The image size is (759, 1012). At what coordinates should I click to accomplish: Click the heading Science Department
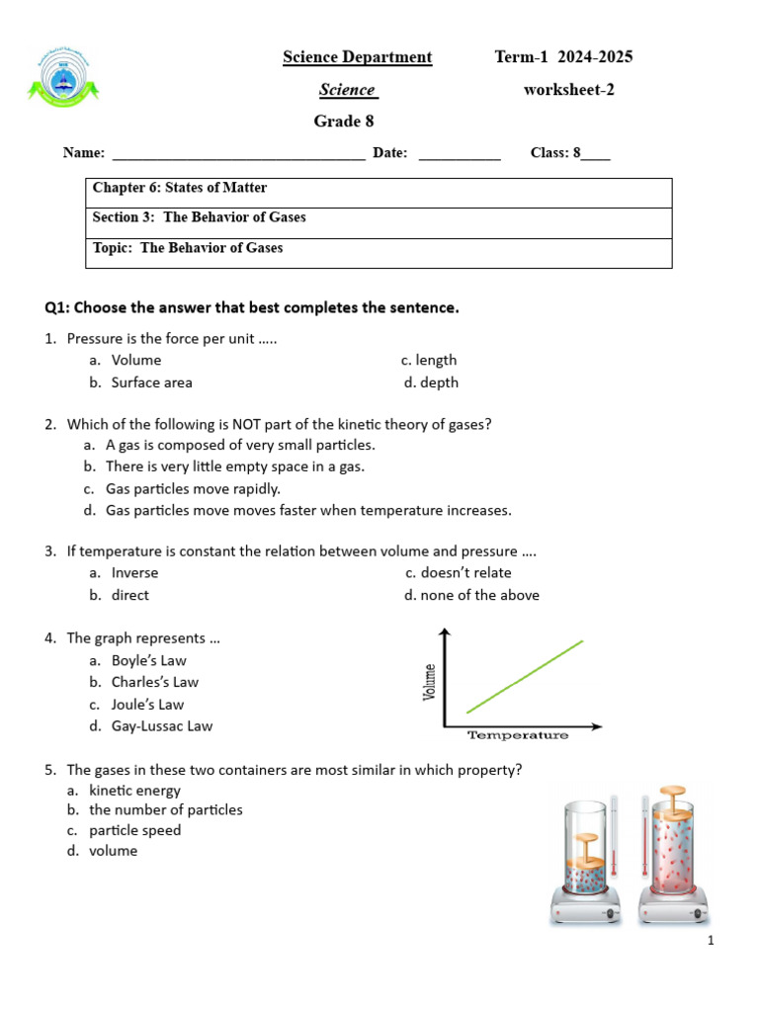pyautogui.click(x=357, y=57)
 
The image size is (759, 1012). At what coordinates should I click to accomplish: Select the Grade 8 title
pyautogui.click(x=344, y=122)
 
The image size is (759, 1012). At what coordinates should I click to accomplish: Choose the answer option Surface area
pyautogui.click(x=151, y=382)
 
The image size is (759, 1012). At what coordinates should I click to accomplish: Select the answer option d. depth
pyautogui.click(x=431, y=382)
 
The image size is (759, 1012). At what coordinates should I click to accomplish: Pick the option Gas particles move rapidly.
pyautogui.click(x=193, y=488)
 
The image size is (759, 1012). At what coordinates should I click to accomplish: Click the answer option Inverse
pyautogui.click(x=134, y=573)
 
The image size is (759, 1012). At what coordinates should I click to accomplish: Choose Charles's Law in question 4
pyautogui.click(x=154, y=682)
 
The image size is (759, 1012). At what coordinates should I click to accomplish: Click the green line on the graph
pyautogui.click(x=525, y=676)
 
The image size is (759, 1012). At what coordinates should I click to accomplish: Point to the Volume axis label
pyautogui.click(x=430, y=681)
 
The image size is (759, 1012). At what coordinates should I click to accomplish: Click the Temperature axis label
pyautogui.click(x=517, y=735)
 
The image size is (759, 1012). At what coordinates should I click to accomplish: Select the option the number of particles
pyautogui.click(x=165, y=809)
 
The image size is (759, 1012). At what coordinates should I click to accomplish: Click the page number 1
pyautogui.click(x=710, y=941)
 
